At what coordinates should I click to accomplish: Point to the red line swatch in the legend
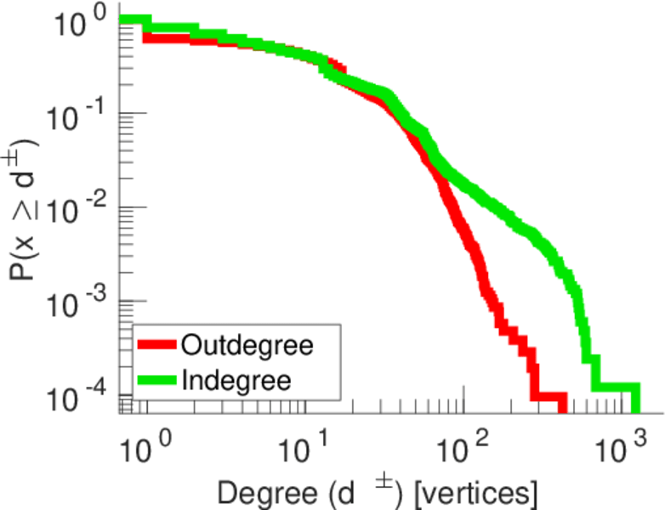coord(157,346)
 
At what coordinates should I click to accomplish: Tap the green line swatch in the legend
coord(157,380)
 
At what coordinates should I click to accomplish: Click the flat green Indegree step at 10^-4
coord(614,387)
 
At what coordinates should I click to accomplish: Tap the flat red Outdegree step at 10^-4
coord(548,397)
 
